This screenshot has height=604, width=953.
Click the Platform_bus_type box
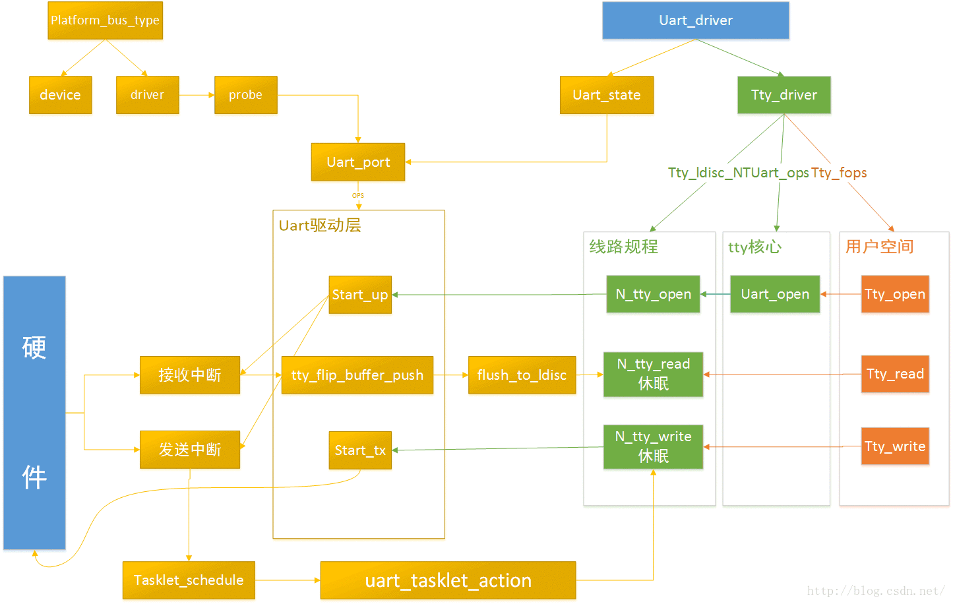click(x=105, y=20)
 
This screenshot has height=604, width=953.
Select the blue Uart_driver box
click(x=695, y=20)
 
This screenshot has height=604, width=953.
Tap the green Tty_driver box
click(x=784, y=95)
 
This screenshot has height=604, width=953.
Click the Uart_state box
click(x=606, y=95)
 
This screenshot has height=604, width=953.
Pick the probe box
click(x=245, y=95)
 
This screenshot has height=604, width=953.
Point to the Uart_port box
click(x=357, y=162)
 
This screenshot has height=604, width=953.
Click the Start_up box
click(x=360, y=295)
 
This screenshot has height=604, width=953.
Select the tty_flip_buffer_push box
click(x=357, y=375)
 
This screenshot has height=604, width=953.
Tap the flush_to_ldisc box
click(x=522, y=375)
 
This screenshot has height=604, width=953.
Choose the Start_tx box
click(x=360, y=450)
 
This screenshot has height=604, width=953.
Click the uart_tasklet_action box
click(x=448, y=580)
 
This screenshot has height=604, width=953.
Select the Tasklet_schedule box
click(x=189, y=580)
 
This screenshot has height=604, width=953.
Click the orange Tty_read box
click(x=894, y=374)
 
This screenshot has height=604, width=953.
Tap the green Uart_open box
click(x=775, y=294)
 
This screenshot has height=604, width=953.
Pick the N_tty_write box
click(x=653, y=446)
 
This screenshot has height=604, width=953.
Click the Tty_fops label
click(x=839, y=173)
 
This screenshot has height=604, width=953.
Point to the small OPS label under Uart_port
click(x=358, y=196)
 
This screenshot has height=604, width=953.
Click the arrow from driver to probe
click(x=197, y=95)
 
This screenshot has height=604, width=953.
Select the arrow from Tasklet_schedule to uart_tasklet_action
click(x=287, y=580)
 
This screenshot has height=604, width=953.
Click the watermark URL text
click(x=876, y=591)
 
